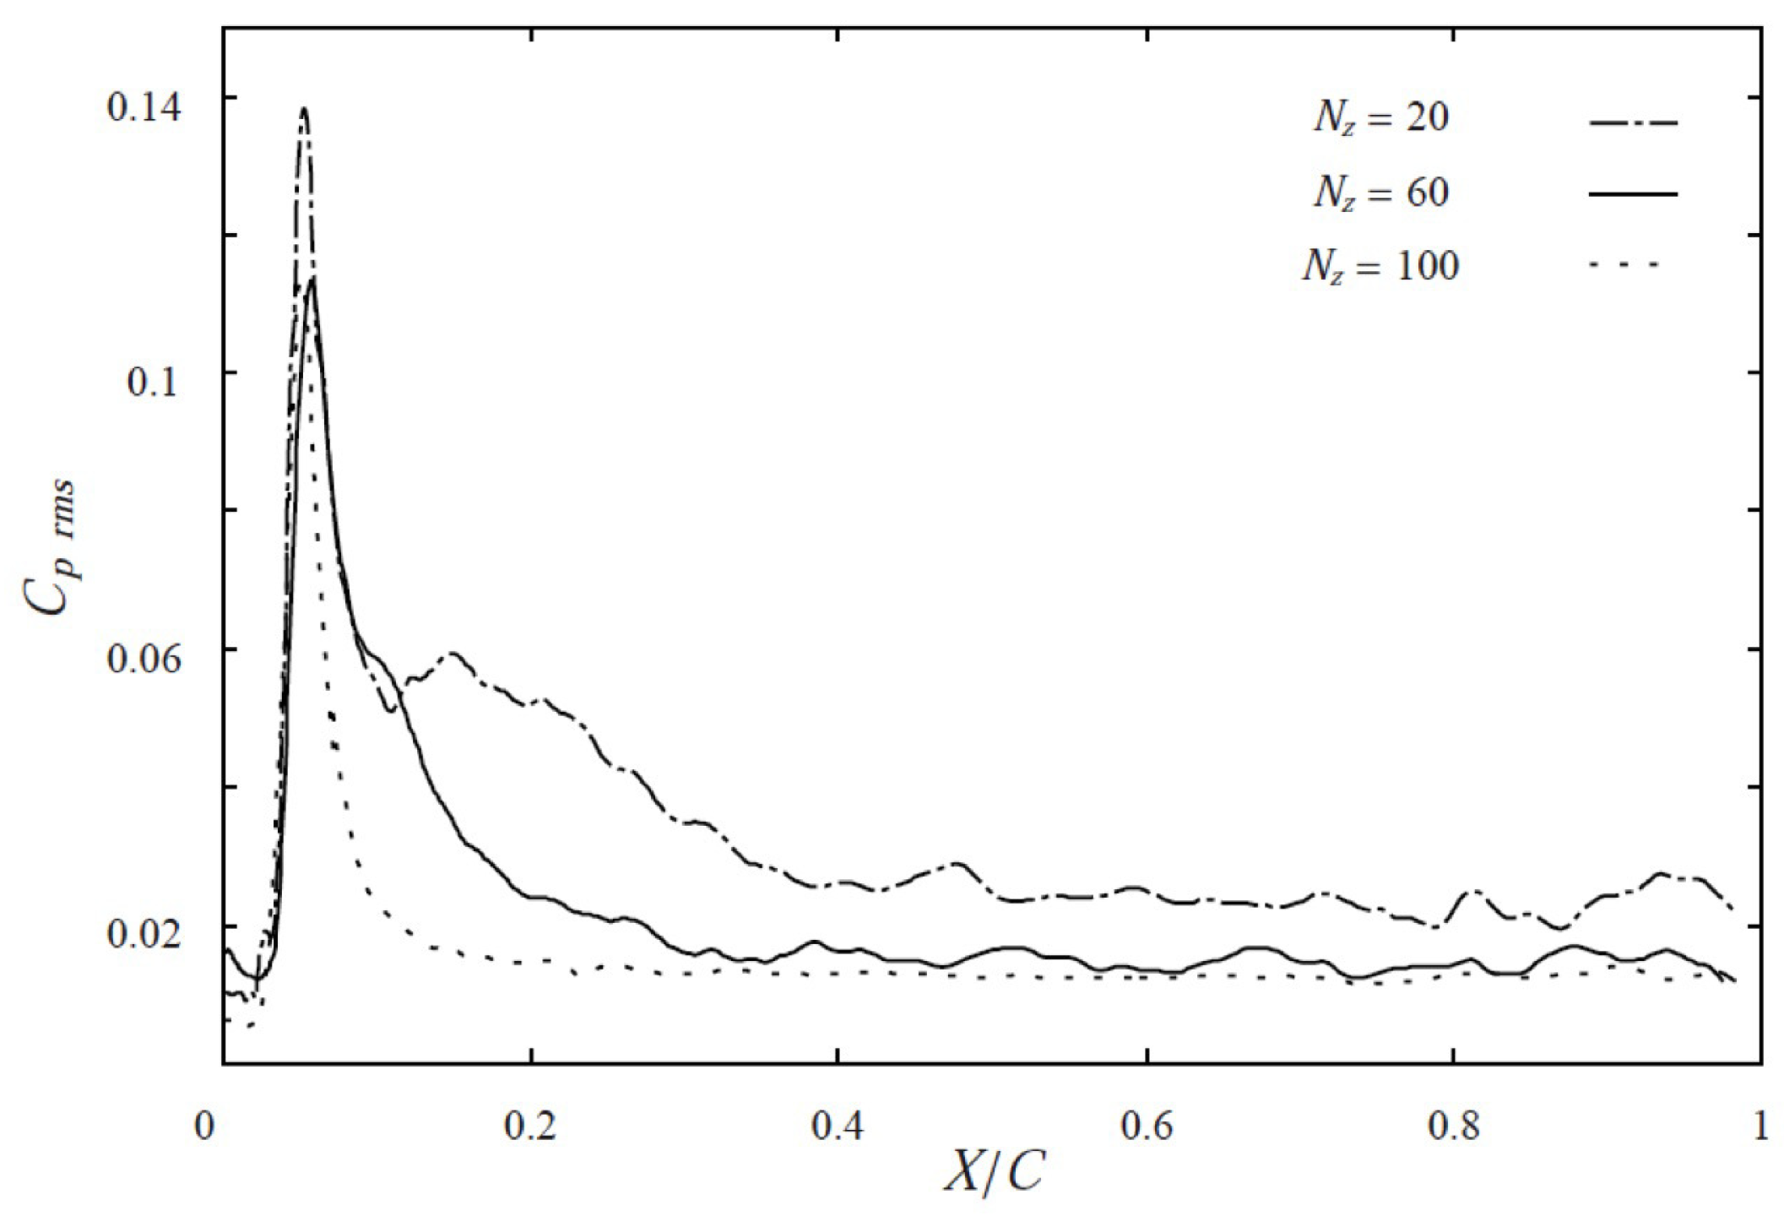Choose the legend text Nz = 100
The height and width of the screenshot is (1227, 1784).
[1380, 268]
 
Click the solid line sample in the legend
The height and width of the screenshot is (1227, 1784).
[1633, 195]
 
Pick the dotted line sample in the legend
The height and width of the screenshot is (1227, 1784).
[1624, 266]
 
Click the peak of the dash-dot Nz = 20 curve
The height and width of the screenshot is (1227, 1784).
[304, 108]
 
